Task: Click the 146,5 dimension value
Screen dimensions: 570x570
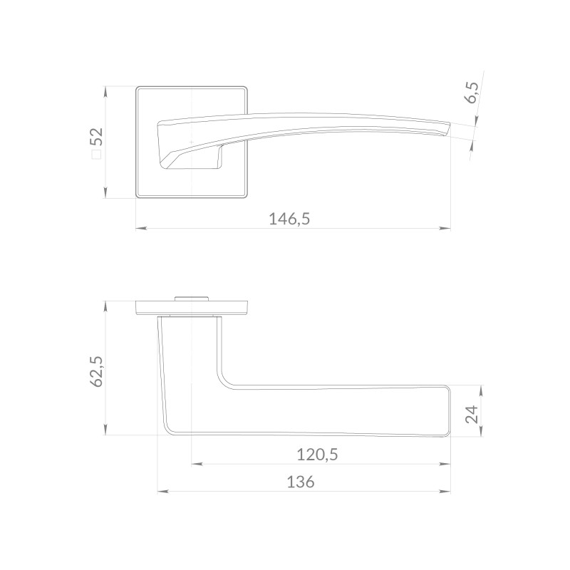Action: click(x=289, y=219)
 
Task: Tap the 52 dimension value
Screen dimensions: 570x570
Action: click(x=97, y=137)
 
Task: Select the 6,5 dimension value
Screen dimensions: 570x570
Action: click(x=472, y=93)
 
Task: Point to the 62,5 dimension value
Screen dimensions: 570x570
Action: click(x=96, y=371)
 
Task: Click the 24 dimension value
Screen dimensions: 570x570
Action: click(x=472, y=414)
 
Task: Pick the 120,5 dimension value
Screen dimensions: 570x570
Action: click(x=317, y=455)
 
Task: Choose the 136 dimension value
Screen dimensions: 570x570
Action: click(x=301, y=482)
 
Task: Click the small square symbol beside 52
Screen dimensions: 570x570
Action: click(x=96, y=155)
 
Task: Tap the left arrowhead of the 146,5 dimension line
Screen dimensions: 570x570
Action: click(x=141, y=229)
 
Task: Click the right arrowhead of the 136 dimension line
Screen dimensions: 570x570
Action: click(x=445, y=492)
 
